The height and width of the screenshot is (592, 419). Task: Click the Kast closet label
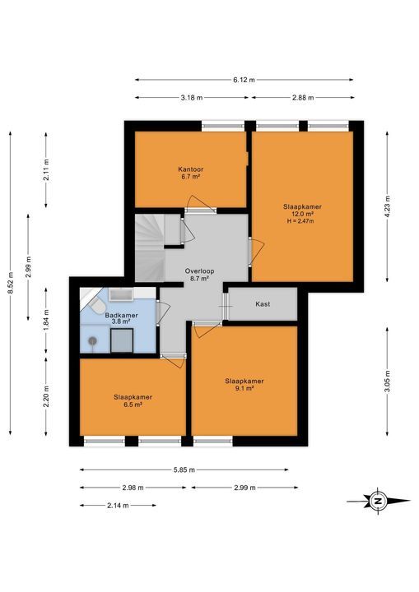click(263, 304)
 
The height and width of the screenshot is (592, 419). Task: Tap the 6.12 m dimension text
click(244, 80)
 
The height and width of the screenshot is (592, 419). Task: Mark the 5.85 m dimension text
click(184, 469)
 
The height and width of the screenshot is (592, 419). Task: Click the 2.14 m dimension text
click(118, 506)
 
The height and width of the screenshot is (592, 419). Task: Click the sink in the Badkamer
click(121, 294)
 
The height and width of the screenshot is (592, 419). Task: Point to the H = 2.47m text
click(301, 221)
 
